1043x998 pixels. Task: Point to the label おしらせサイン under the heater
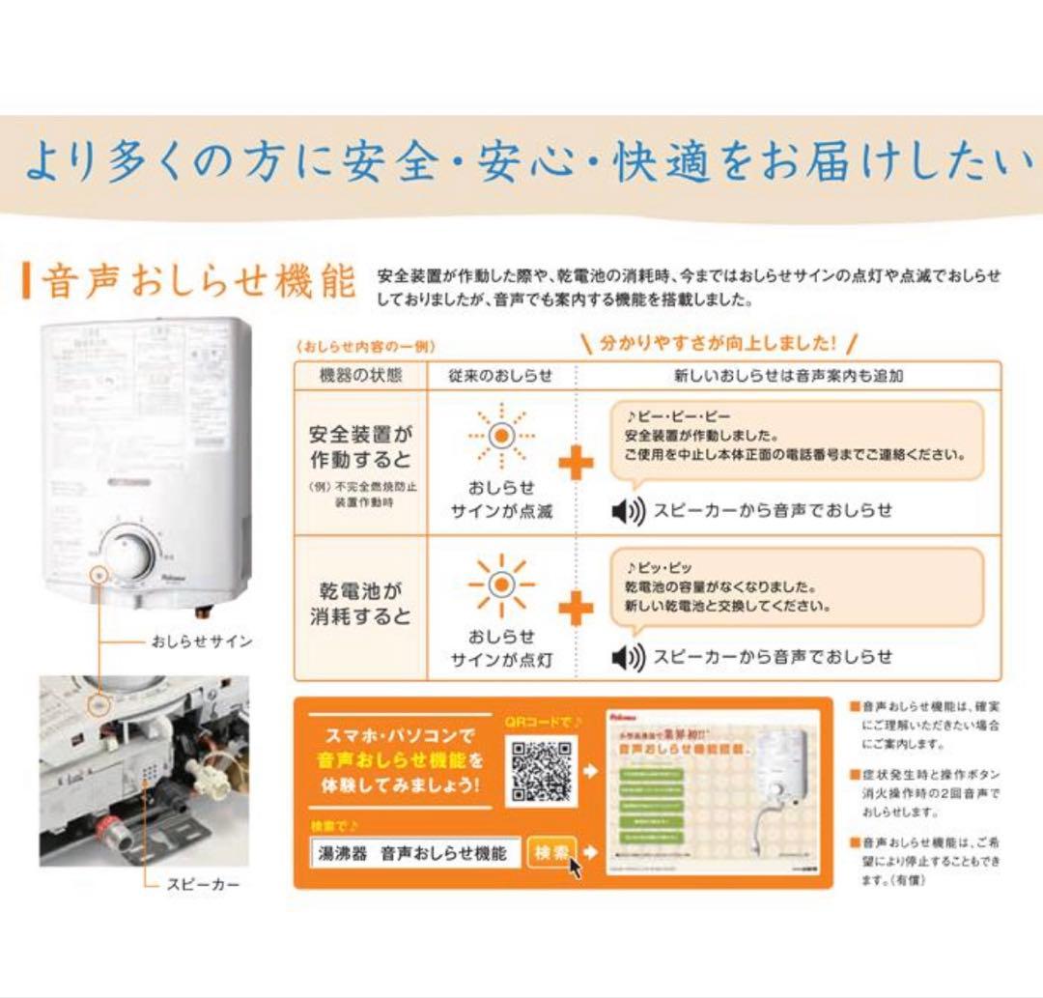(x=201, y=642)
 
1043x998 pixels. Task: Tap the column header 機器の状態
(x=360, y=376)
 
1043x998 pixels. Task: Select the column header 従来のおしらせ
(x=500, y=376)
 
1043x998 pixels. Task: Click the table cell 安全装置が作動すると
(x=360, y=446)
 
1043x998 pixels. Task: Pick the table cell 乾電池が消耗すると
(x=360, y=603)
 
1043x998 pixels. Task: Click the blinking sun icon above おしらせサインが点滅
(x=499, y=435)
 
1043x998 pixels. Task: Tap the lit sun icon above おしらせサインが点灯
(x=499, y=585)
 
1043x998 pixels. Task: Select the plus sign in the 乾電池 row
(x=576, y=610)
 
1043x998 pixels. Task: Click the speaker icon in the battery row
(x=629, y=658)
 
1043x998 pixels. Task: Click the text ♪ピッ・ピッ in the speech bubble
(x=659, y=567)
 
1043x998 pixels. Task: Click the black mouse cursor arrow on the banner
(x=575, y=866)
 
